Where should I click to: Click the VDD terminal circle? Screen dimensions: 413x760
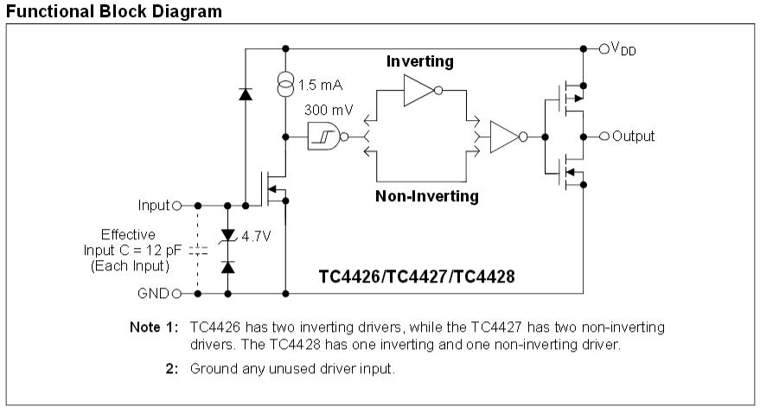(604, 48)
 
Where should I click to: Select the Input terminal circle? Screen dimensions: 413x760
(177, 206)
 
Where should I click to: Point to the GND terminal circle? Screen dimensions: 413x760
(177, 293)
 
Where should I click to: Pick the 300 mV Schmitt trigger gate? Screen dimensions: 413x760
(322, 137)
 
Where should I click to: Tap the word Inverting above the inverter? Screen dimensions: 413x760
(418, 62)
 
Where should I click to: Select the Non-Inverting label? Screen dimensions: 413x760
(426, 196)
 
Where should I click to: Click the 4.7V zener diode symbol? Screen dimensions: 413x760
(228, 235)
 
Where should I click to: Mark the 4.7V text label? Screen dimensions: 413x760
(257, 236)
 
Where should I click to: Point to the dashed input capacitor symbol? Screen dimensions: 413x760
(198, 250)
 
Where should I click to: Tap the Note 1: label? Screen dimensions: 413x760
(156, 327)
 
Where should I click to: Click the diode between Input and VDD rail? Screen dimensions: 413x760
(245, 94)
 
